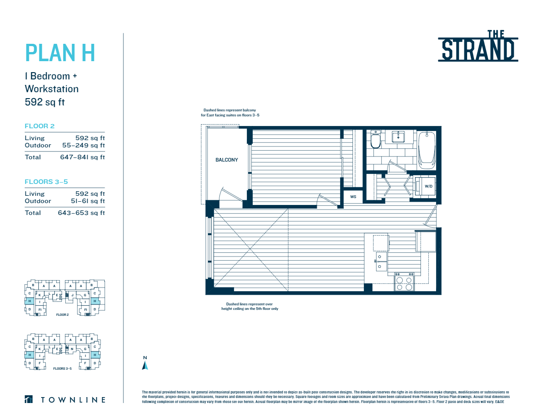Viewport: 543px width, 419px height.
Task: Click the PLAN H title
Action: click(x=60, y=52)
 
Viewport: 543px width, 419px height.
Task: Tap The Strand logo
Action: click(x=478, y=46)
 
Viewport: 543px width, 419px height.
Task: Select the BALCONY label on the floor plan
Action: click(x=226, y=160)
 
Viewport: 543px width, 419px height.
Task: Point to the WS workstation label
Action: click(x=353, y=197)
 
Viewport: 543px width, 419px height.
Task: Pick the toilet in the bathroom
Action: click(x=376, y=140)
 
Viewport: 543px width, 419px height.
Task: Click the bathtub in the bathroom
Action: click(x=427, y=147)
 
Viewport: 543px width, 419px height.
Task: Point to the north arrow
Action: click(x=145, y=363)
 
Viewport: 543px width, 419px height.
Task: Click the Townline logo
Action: click(x=65, y=400)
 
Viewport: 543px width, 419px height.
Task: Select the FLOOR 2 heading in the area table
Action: click(x=39, y=126)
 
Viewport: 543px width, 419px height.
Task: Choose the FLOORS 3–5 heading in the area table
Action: click(x=46, y=182)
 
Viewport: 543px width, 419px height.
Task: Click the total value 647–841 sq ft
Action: click(x=82, y=157)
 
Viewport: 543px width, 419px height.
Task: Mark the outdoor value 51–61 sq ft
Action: click(x=83, y=201)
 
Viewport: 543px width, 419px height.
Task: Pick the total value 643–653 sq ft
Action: click(x=81, y=213)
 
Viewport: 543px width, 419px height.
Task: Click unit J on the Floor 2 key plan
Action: click(x=72, y=295)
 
